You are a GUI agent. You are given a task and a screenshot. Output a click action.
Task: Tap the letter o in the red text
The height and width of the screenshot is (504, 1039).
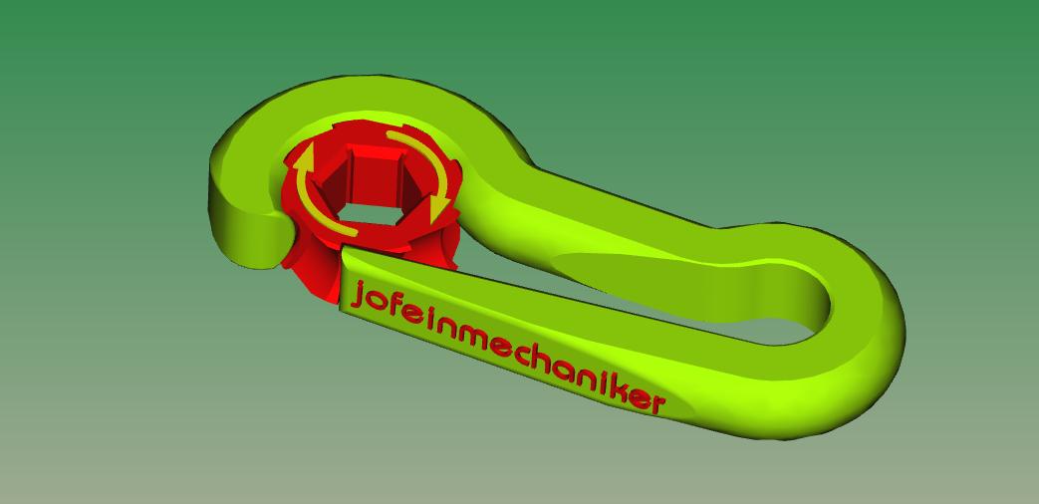pyautogui.click(x=379, y=303)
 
